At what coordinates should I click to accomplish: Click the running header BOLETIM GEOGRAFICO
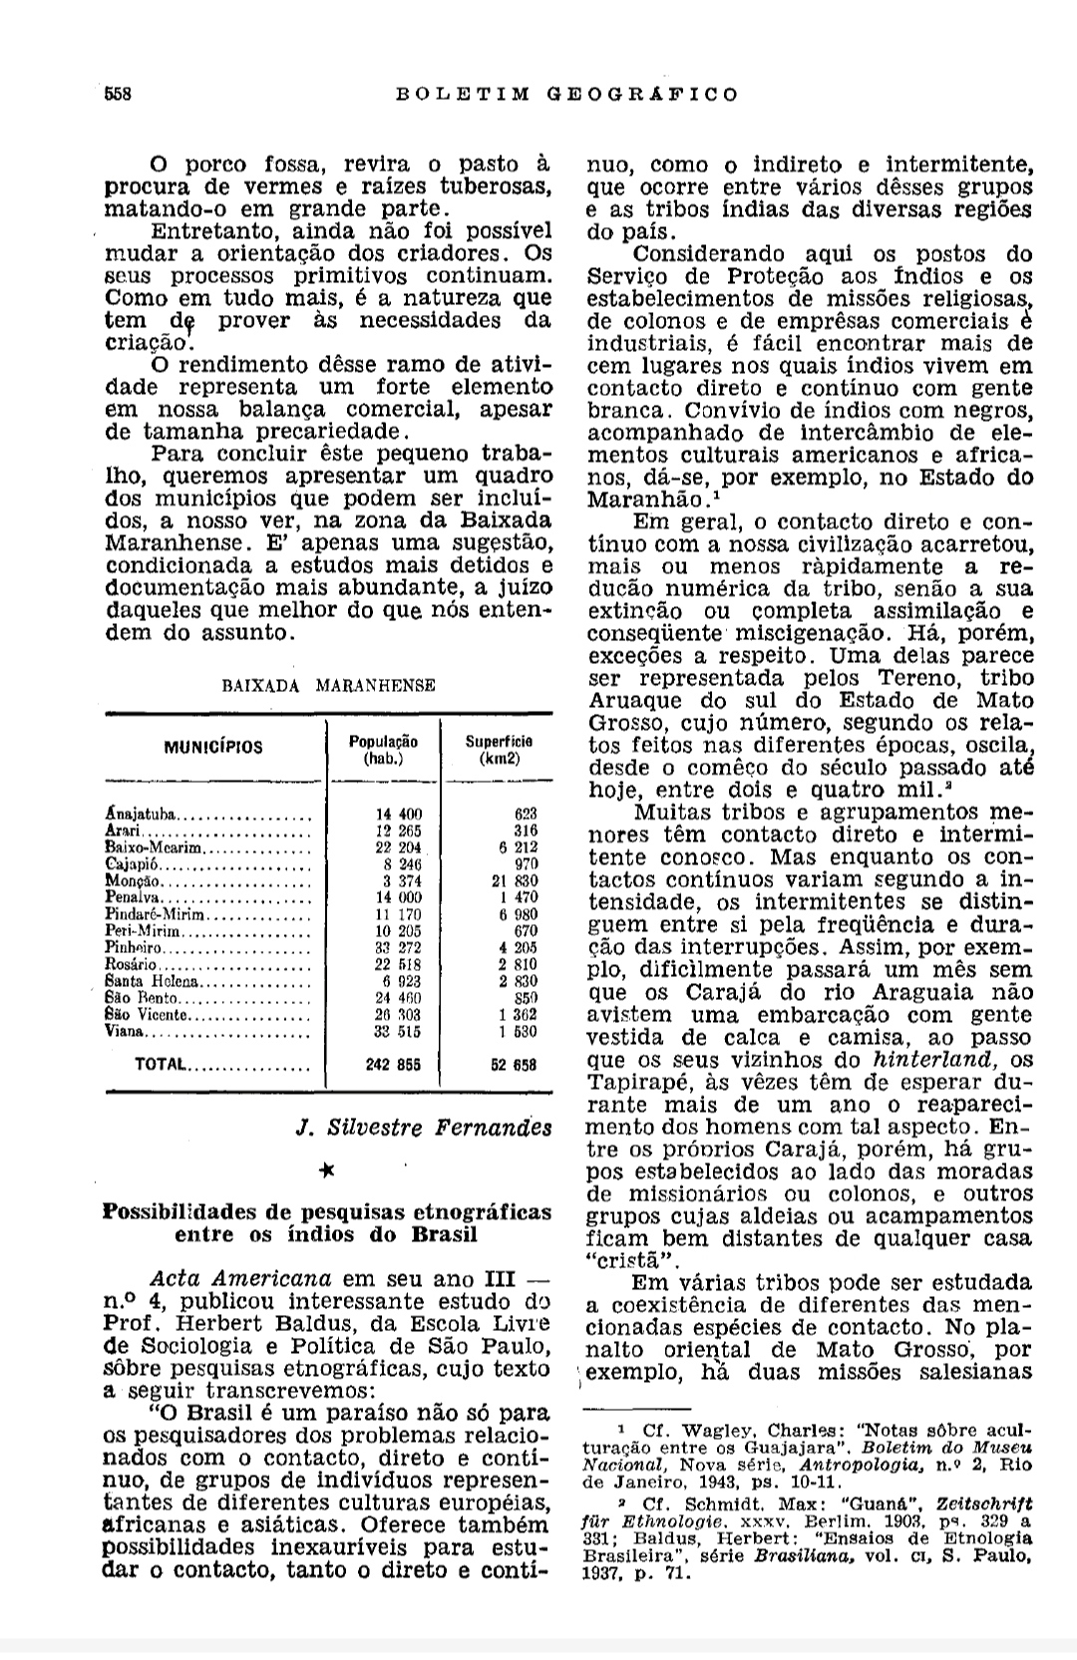(x=567, y=95)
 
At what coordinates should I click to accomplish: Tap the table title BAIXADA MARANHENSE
(x=328, y=686)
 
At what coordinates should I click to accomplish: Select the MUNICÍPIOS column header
(x=214, y=747)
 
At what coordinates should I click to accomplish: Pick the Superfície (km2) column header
(x=499, y=750)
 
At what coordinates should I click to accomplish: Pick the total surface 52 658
(x=513, y=1065)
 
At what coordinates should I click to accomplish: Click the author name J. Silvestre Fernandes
(x=424, y=1128)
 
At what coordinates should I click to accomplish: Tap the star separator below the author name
(x=326, y=1169)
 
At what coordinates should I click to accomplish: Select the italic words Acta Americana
(x=240, y=1279)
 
